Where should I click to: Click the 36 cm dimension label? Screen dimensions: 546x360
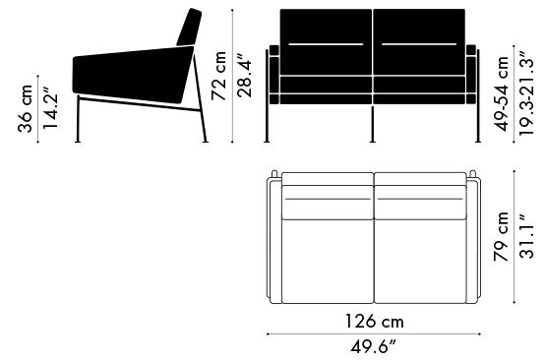coord(25,108)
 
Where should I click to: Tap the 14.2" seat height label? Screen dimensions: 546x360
coord(50,111)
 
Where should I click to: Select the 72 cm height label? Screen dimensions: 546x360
coord(219,76)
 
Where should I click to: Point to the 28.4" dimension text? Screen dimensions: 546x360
coord(244,75)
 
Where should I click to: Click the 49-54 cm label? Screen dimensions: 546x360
coord(503,93)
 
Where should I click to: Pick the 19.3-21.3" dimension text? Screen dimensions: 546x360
coord(526,93)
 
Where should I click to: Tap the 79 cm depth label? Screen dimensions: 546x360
coord(501,236)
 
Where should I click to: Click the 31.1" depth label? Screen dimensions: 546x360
coord(526,236)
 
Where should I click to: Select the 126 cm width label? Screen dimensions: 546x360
coord(375,322)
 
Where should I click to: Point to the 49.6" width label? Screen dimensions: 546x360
coord(373,347)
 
